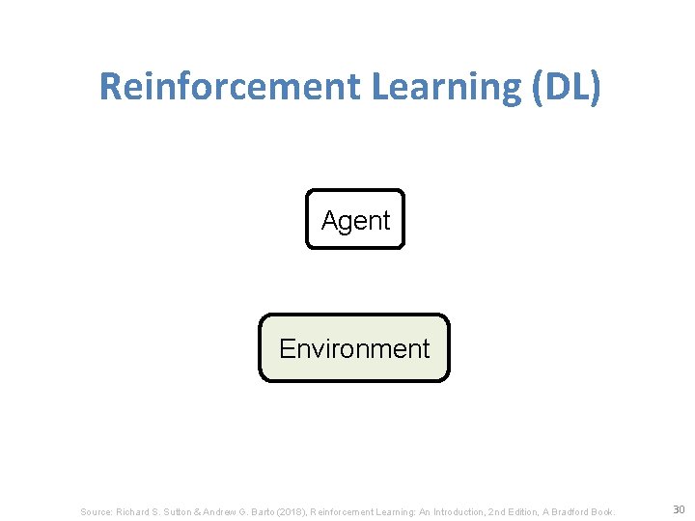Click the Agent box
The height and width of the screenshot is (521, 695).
[x=355, y=220]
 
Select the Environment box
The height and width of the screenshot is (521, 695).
[x=354, y=348]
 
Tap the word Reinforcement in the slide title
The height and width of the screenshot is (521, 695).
[x=227, y=87]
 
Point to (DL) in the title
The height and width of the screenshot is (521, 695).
[x=565, y=87]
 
